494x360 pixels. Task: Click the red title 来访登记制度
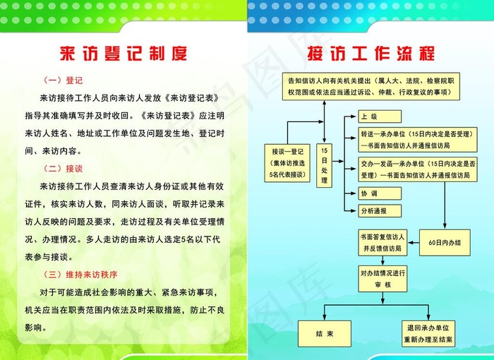point(123,53)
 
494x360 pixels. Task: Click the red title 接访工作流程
point(370,53)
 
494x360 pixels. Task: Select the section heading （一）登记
point(64,80)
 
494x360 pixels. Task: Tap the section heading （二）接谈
point(64,169)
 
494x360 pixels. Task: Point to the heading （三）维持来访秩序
point(80,274)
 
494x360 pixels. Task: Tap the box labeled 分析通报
point(380,210)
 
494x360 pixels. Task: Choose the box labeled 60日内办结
point(445,242)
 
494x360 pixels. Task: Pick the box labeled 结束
point(325,333)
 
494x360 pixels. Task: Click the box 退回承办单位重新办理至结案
point(428,333)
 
